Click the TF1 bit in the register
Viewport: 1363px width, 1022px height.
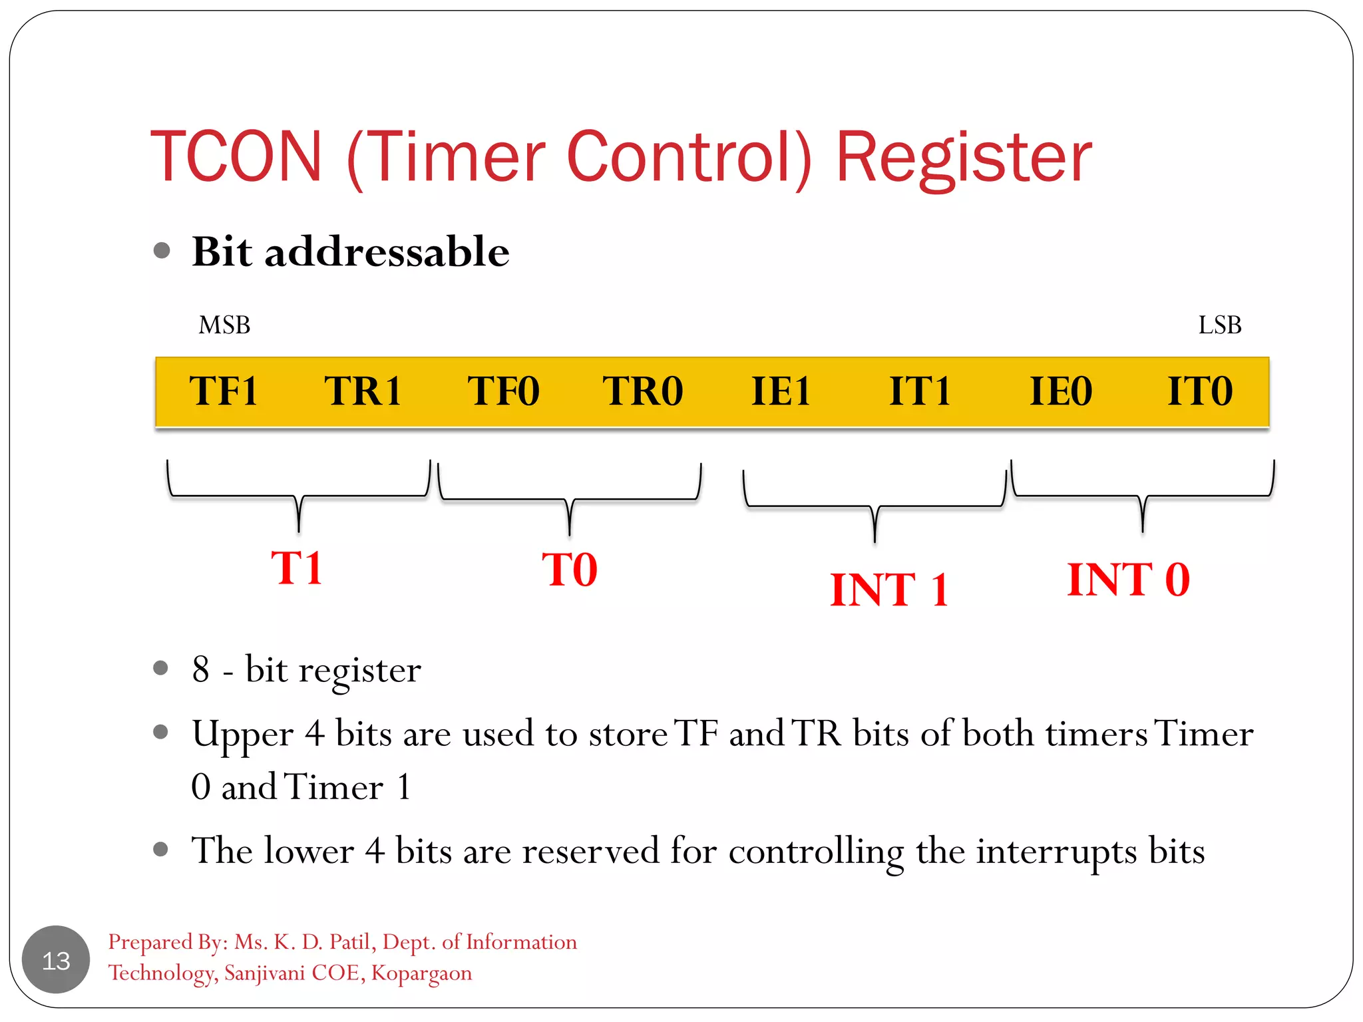point(224,391)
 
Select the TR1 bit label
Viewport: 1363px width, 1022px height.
point(363,391)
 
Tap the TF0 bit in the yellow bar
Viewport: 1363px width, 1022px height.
point(503,391)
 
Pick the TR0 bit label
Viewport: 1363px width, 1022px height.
point(643,391)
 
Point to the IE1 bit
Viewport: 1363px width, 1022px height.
point(781,391)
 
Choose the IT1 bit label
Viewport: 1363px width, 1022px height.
point(920,391)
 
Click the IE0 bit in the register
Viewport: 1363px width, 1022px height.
point(1061,391)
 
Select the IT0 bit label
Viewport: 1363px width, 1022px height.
point(1200,391)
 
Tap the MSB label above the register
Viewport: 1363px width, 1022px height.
point(224,325)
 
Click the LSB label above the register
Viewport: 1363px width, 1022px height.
point(1219,325)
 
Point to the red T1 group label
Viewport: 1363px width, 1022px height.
point(297,568)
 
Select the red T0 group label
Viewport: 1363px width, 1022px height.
point(570,570)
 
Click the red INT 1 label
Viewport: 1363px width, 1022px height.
point(888,590)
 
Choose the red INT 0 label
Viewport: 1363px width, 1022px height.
point(1128,580)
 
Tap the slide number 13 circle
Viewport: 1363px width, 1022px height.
point(56,960)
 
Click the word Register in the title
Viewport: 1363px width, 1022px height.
point(963,158)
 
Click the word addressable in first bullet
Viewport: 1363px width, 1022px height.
point(387,252)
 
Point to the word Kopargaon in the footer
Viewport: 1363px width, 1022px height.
point(421,973)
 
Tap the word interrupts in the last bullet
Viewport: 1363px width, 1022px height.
point(1056,852)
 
